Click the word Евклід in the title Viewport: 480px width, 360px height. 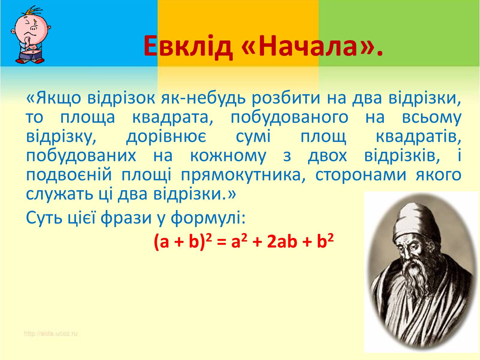188,46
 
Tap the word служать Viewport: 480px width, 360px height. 59,194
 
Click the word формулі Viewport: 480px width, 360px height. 208,218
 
